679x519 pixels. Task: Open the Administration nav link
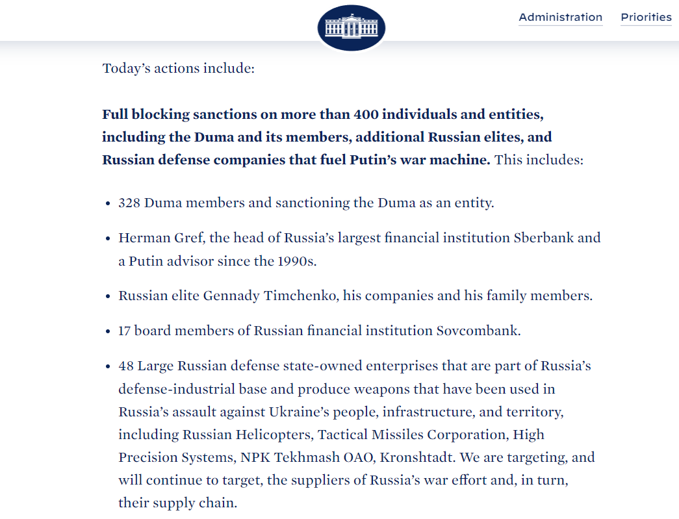click(x=560, y=18)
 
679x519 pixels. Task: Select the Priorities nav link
click(x=646, y=18)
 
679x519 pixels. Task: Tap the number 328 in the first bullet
click(x=129, y=203)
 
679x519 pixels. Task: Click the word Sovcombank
click(x=478, y=331)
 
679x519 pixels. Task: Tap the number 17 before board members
click(x=125, y=331)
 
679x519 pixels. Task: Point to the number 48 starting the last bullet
click(x=126, y=366)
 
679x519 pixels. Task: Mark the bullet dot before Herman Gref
click(x=107, y=238)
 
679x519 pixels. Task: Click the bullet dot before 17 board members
click(x=107, y=331)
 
